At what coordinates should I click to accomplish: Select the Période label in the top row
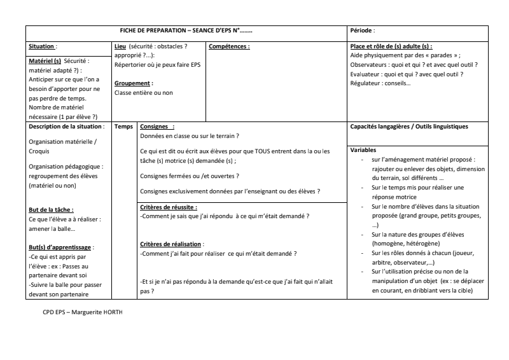point(363,31)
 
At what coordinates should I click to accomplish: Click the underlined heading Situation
point(42,46)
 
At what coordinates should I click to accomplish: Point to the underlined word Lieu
point(120,46)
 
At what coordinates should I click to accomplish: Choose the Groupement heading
point(133,83)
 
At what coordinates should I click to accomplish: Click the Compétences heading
point(229,46)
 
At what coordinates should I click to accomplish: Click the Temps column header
point(123,127)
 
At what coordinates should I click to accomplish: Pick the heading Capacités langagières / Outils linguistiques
point(409,127)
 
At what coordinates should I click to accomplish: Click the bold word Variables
point(364,150)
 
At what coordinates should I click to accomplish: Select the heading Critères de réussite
point(168,207)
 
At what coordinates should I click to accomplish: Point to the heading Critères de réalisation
point(171,244)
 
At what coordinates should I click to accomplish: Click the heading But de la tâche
point(51,209)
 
